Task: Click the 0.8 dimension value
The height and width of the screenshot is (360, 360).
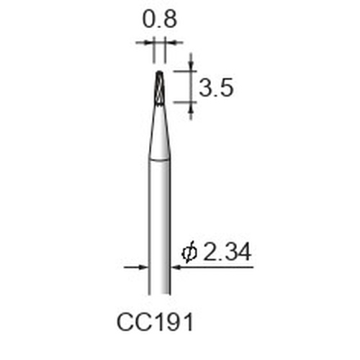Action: tap(160, 19)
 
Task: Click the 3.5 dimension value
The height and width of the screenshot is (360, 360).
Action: tap(216, 88)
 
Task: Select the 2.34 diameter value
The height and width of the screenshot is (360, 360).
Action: tap(227, 252)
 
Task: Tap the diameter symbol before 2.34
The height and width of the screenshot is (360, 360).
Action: tap(189, 253)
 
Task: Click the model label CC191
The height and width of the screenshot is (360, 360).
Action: tap(155, 323)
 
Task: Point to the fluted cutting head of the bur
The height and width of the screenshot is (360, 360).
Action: tap(159, 89)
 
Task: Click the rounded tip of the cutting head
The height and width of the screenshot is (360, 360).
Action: tap(159, 72)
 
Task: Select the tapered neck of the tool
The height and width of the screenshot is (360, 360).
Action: tap(159, 133)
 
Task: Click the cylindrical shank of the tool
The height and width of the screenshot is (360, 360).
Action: tap(159, 227)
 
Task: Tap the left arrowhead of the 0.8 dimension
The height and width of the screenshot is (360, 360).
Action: tap(149, 42)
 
